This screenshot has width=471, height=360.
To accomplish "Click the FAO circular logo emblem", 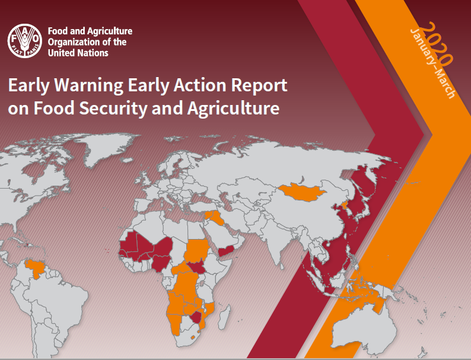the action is [25, 41].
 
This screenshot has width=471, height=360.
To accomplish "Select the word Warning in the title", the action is [88, 85].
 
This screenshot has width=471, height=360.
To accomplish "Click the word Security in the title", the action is [113, 109].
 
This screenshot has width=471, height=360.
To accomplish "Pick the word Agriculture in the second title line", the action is [233, 109].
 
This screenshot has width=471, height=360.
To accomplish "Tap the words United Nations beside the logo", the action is [78, 53].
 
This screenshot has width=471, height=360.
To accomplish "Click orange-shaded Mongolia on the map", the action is [301, 192].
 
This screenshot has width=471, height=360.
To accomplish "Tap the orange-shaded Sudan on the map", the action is [197, 251].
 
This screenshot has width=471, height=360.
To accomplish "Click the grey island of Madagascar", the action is [224, 317].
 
